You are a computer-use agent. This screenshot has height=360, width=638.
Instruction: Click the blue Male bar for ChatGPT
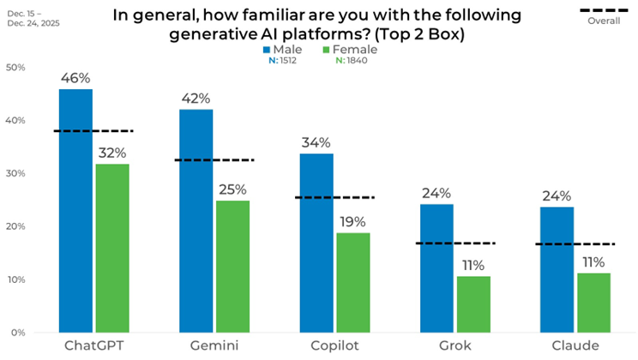click(x=75, y=210)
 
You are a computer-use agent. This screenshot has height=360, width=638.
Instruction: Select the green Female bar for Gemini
click(x=232, y=266)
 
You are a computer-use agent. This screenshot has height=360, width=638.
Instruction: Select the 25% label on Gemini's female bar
click(x=232, y=189)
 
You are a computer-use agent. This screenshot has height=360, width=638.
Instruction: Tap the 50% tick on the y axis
click(x=16, y=68)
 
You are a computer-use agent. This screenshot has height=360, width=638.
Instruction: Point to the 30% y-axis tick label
click(x=16, y=174)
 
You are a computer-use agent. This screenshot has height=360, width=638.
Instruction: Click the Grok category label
click(x=454, y=346)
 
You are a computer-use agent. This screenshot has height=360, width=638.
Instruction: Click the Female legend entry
click(x=355, y=49)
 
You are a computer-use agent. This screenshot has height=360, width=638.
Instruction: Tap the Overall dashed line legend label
click(x=604, y=21)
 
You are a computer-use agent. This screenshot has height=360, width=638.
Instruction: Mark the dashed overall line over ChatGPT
click(x=94, y=131)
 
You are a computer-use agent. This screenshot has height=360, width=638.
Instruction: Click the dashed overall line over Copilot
click(x=335, y=197)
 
